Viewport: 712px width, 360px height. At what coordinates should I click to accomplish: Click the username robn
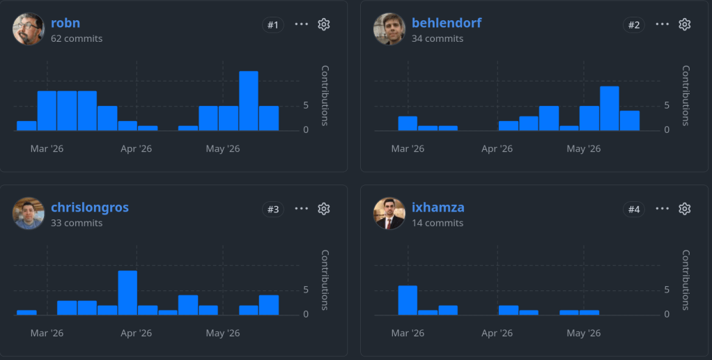(x=65, y=23)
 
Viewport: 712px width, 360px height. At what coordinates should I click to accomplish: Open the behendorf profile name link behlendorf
(x=447, y=23)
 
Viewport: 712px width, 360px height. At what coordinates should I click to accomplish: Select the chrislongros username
(x=89, y=208)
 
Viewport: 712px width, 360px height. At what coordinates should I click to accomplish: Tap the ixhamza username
(x=438, y=208)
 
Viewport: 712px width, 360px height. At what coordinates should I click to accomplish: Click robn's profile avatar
(x=29, y=29)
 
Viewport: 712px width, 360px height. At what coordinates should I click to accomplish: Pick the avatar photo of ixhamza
(x=389, y=213)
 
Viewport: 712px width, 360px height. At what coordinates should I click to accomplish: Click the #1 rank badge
(x=273, y=25)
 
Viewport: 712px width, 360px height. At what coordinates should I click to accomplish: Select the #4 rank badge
(x=634, y=210)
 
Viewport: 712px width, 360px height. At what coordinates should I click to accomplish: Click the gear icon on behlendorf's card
(x=684, y=24)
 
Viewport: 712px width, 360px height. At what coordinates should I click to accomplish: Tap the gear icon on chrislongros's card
(x=323, y=209)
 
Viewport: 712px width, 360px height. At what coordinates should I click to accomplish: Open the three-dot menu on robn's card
(x=302, y=24)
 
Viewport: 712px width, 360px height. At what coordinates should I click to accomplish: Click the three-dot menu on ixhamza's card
(x=663, y=208)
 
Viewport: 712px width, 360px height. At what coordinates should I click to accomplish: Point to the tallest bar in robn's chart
(x=249, y=101)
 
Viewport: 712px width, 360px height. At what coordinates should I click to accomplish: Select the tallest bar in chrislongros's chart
(x=127, y=293)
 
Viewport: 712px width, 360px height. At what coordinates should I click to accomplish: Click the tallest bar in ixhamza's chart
(x=408, y=300)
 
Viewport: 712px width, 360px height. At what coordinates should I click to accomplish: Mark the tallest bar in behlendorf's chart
(x=610, y=109)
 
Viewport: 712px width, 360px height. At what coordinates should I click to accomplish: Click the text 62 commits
(x=77, y=38)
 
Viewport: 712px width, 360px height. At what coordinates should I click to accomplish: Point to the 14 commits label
(x=438, y=223)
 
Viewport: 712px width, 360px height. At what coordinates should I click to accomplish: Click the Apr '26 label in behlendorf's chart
(x=497, y=148)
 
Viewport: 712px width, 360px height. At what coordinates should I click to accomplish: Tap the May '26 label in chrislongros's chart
(x=223, y=333)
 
